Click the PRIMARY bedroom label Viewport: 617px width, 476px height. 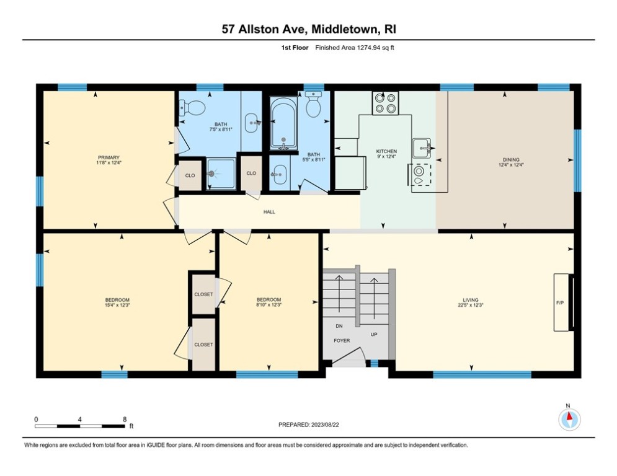pyautogui.click(x=107, y=157)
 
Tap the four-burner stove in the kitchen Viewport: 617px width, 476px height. pyautogui.click(x=385, y=102)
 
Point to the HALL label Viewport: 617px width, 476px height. pyautogui.click(x=269, y=212)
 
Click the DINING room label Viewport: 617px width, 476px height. pyautogui.click(x=511, y=159)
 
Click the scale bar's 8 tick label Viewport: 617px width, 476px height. pyautogui.click(x=125, y=419)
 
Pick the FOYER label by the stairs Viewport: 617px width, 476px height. pyautogui.click(x=342, y=340)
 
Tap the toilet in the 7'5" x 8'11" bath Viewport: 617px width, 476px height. pyautogui.click(x=194, y=108)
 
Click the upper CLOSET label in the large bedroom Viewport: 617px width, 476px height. pyautogui.click(x=203, y=294)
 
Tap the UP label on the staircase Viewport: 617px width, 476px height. pyautogui.click(x=373, y=335)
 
